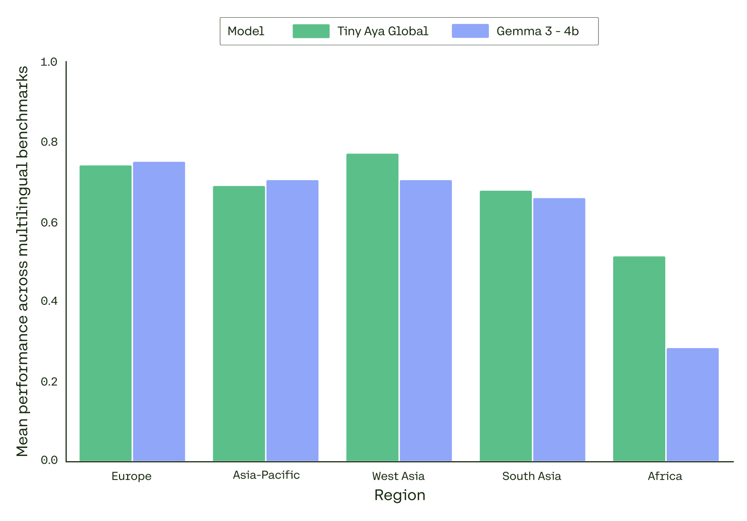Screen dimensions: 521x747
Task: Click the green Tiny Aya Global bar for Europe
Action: coord(105,313)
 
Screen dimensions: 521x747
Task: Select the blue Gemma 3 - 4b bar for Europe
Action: coord(159,311)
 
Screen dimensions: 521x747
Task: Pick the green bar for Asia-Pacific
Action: coord(238,324)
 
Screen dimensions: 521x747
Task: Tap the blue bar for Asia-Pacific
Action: coord(292,321)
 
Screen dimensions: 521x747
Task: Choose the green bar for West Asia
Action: coord(372,307)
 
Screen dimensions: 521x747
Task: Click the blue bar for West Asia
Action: coord(425,321)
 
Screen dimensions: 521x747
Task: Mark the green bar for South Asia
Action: coord(506,326)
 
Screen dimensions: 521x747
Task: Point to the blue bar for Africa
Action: coord(693,404)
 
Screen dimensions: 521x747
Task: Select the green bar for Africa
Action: coord(639,358)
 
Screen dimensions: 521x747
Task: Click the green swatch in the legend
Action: coord(311,31)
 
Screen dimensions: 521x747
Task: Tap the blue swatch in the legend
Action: coord(470,31)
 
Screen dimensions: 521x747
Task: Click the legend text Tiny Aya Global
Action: coord(383,31)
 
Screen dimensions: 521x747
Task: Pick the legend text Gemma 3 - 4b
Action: coord(538,31)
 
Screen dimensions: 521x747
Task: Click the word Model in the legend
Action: coord(246,31)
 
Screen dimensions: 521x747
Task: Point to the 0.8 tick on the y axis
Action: coord(49,142)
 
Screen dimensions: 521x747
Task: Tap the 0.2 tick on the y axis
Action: coord(49,381)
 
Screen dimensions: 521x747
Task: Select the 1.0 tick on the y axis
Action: coord(49,62)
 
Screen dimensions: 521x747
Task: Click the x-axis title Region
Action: coord(400,495)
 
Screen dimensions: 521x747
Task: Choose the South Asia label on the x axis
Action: coord(531,476)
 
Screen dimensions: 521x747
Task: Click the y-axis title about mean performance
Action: coord(22,261)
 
